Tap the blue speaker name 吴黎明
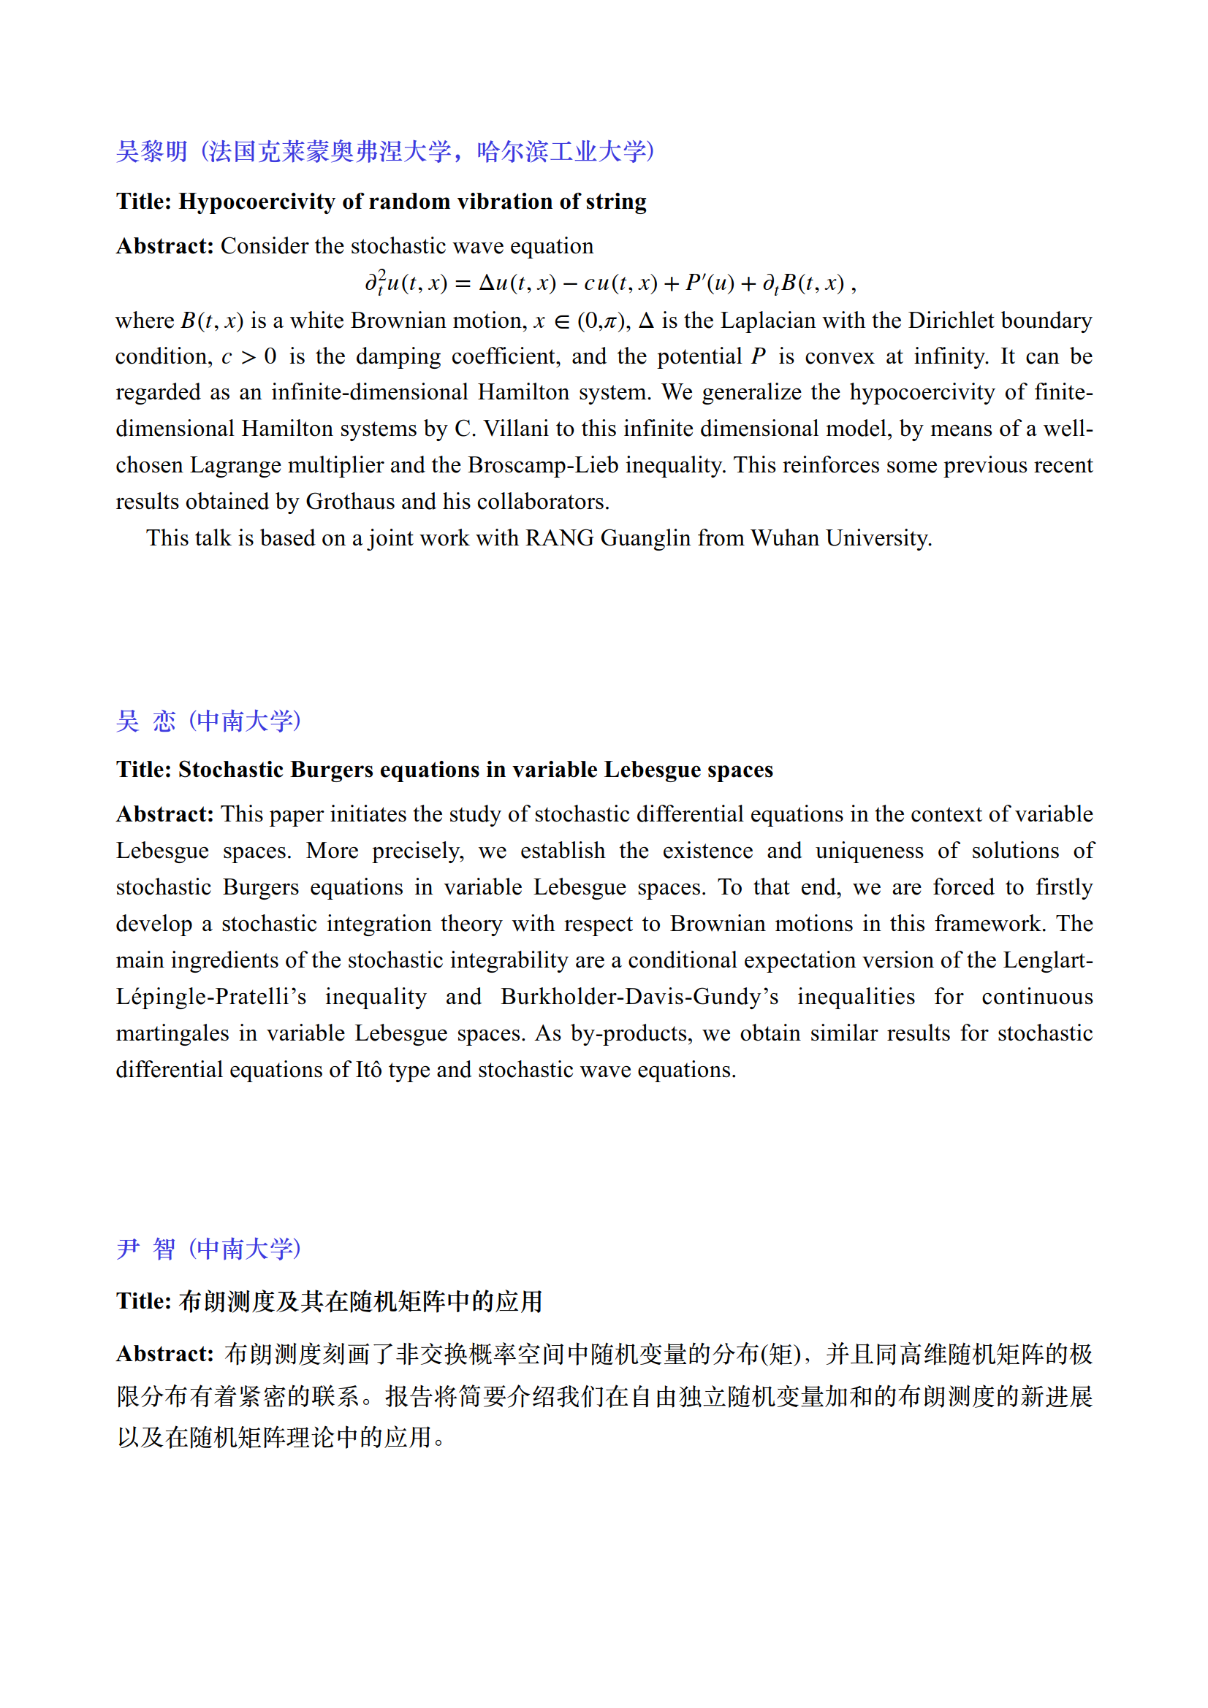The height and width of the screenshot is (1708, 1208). point(152,152)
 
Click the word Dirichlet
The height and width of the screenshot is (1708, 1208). point(951,321)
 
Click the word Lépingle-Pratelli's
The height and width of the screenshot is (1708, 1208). point(210,997)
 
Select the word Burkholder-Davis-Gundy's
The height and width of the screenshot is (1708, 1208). point(639,997)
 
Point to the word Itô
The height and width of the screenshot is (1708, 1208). point(368,1070)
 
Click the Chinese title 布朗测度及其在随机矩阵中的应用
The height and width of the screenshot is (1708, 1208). point(361,1301)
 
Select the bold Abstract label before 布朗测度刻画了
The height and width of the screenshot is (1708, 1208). point(164,1354)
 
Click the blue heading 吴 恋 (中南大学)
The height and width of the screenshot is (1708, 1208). point(208,721)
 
